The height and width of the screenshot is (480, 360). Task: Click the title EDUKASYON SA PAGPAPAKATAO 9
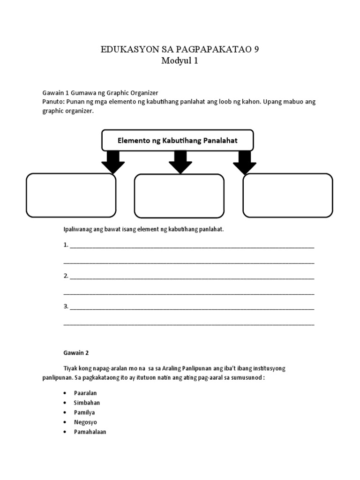(x=180, y=50)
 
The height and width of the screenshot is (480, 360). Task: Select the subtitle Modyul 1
(x=180, y=61)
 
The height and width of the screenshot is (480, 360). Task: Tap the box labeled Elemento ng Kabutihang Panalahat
(x=178, y=140)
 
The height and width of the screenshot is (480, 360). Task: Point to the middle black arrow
(x=180, y=162)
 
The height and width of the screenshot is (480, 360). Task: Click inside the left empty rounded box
(x=71, y=195)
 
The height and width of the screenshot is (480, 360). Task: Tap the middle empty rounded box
(x=179, y=196)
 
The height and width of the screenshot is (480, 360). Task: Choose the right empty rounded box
(x=287, y=195)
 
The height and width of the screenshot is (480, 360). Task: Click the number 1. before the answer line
(x=66, y=245)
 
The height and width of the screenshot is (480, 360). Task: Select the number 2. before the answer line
(x=66, y=276)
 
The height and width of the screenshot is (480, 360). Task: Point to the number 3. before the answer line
(x=66, y=307)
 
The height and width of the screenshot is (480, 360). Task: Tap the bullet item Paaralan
(x=85, y=393)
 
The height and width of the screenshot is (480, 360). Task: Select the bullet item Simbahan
(x=87, y=403)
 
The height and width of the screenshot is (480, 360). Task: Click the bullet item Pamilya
(x=84, y=412)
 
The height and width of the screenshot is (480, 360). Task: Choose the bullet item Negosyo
(x=85, y=422)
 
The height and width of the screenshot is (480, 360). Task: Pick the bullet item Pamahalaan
(x=90, y=432)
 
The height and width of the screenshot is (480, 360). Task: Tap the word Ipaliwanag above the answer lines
(x=78, y=229)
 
